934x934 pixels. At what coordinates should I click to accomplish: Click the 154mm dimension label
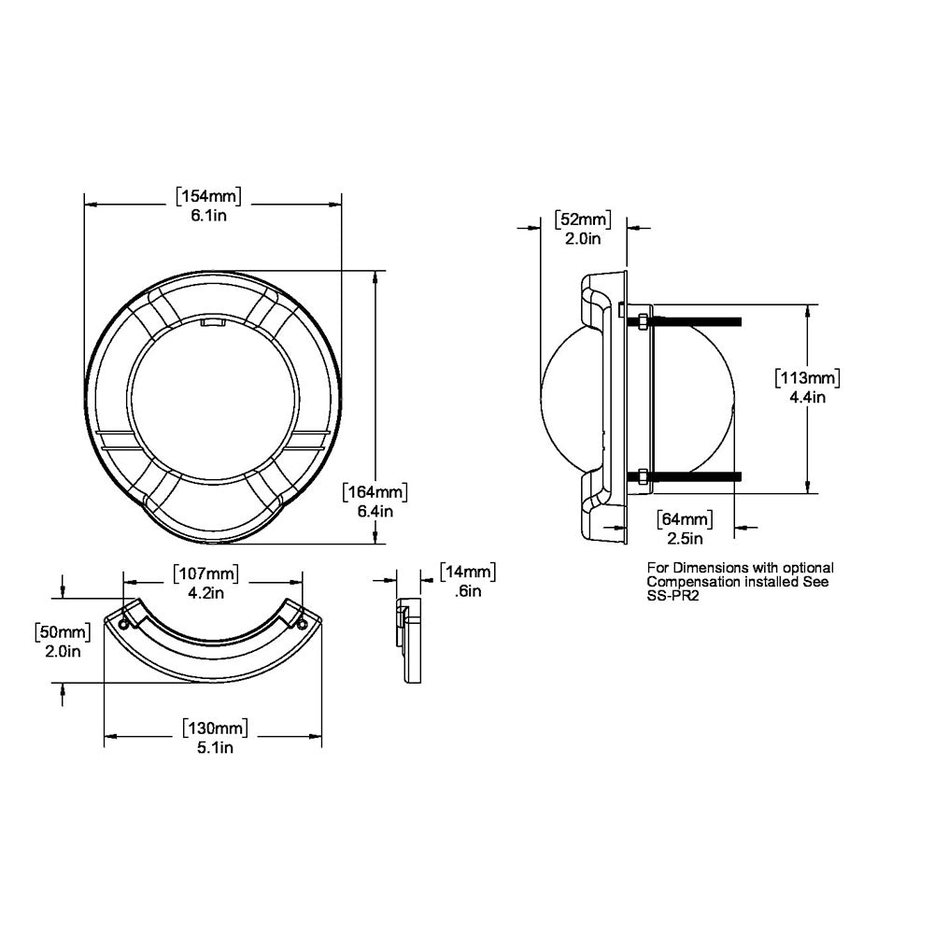point(209,196)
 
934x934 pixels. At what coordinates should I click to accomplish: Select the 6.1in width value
point(209,216)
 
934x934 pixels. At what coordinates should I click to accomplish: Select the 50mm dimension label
point(62,631)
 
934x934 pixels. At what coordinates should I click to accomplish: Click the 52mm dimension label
point(583,219)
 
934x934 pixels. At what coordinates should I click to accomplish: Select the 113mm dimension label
point(808,378)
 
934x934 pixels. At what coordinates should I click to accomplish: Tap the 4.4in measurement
point(807,398)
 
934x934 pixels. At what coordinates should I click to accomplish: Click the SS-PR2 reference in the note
point(673,595)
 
